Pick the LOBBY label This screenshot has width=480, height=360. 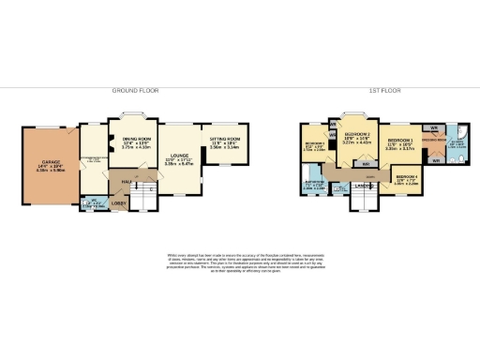click(120, 202)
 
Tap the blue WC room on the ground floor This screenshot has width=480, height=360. click(92, 202)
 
